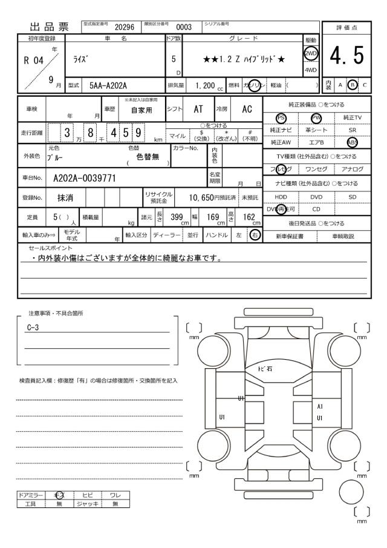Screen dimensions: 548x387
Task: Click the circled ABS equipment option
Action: pyautogui.click(x=352, y=142)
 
